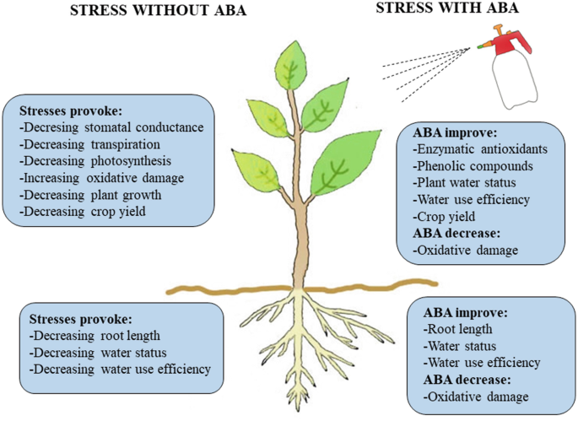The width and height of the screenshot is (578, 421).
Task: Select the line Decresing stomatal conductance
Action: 111,127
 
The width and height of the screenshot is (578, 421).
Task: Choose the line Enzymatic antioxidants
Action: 481,149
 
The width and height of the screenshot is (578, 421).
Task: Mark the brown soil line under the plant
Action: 194,291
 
